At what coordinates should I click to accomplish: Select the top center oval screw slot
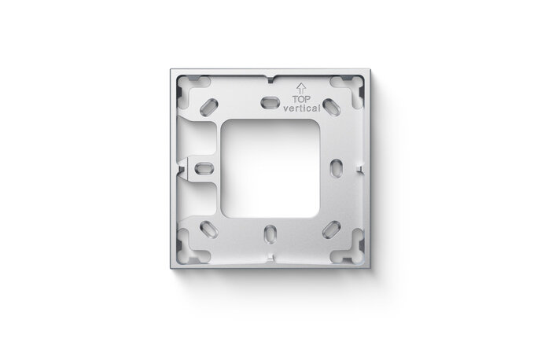[x=268, y=101]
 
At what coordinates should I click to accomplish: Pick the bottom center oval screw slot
[x=269, y=233]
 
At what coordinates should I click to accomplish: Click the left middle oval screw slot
[x=203, y=168]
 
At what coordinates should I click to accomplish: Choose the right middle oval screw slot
[x=335, y=167]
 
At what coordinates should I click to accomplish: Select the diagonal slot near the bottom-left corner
[x=211, y=229]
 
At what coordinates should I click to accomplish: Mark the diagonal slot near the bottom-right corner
[x=327, y=229]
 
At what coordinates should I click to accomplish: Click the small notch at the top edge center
[x=269, y=79]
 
